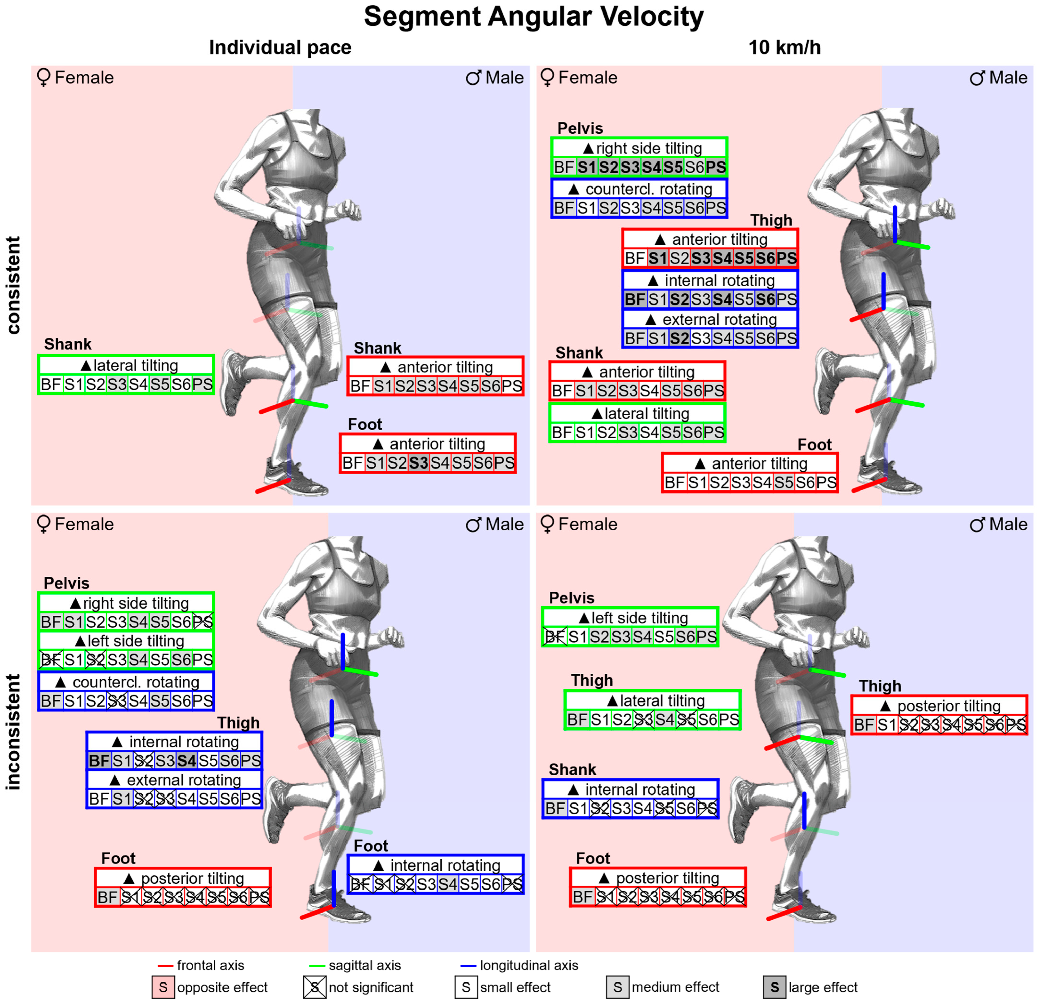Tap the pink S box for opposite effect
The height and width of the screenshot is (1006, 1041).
(163, 987)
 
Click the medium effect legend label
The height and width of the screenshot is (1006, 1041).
(675, 987)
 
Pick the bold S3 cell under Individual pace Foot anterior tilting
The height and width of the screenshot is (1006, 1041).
(418, 463)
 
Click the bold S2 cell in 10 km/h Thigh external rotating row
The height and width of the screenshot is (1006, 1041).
(679, 338)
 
